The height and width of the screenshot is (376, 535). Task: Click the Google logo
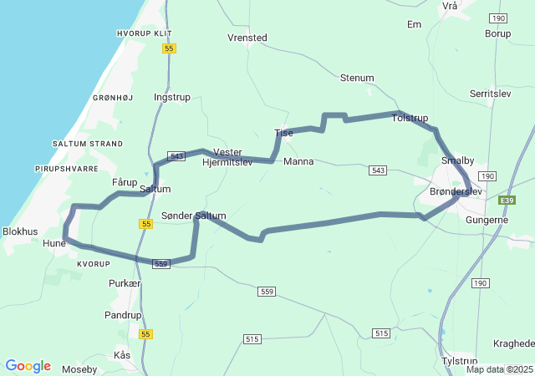click(x=28, y=366)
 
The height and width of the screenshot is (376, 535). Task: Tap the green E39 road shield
click(x=507, y=201)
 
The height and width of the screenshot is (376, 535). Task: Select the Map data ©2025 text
click(x=499, y=369)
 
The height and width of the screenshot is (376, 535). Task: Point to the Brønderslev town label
click(x=456, y=191)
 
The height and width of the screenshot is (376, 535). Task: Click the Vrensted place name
click(x=247, y=38)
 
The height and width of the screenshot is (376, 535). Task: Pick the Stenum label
click(x=357, y=78)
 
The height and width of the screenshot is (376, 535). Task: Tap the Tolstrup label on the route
click(x=410, y=119)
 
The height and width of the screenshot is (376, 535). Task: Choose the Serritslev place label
click(x=491, y=94)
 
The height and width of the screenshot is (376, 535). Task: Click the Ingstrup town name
click(x=172, y=97)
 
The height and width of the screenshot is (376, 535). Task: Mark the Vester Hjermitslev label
click(x=227, y=157)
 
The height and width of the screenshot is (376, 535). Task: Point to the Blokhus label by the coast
click(x=20, y=231)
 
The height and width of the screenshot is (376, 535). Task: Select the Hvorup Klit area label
click(x=145, y=33)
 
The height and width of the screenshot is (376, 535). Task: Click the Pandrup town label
click(x=123, y=315)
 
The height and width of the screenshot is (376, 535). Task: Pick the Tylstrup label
click(x=460, y=361)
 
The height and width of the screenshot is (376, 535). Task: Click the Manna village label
click(x=298, y=161)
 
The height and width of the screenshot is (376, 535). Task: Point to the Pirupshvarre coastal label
click(x=67, y=169)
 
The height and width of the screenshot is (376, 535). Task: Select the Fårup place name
click(x=125, y=182)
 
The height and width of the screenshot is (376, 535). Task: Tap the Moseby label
click(x=79, y=368)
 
